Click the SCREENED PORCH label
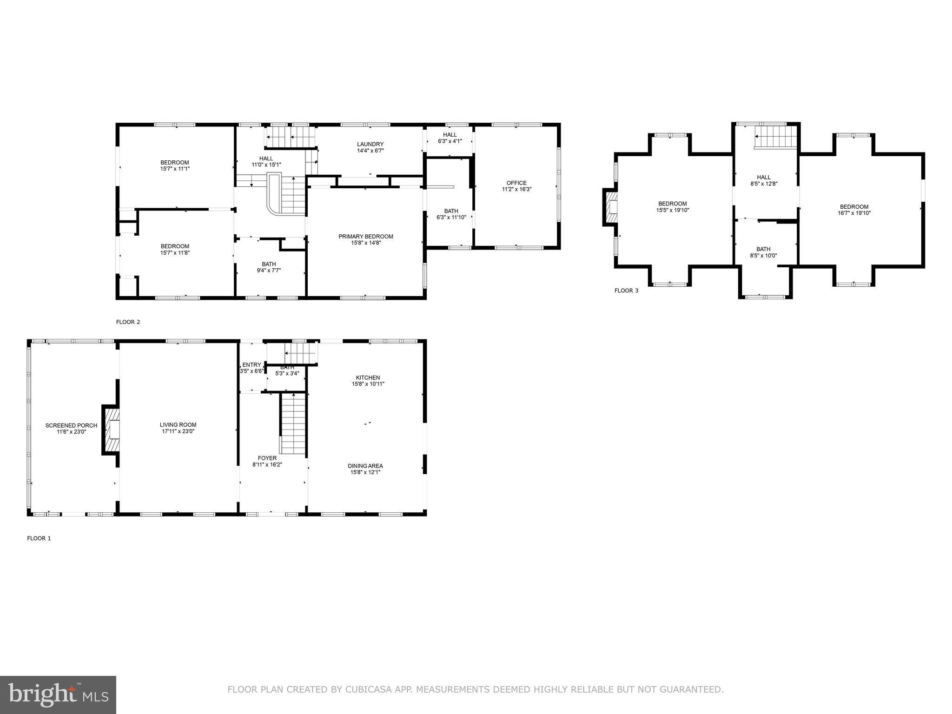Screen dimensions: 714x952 [71, 425]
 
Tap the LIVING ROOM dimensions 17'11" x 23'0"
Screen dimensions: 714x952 [178, 431]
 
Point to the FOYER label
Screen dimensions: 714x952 [267, 458]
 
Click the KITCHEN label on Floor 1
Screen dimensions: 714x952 [368, 377]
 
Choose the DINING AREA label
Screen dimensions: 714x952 [365, 466]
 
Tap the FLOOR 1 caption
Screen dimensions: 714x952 [39, 538]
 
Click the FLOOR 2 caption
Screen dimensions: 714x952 [128, 322]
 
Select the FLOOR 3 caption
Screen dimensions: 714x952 [626, 291]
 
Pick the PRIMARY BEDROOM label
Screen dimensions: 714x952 [366, 237]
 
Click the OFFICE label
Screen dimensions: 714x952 [516, 183]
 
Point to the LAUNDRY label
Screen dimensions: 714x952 [370, 144]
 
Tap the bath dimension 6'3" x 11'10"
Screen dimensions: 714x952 [451, 218]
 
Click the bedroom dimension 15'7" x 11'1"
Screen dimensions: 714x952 [175, 169]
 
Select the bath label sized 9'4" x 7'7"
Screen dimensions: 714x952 [269, 264]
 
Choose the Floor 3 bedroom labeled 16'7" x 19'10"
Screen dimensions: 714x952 [854, 210]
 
